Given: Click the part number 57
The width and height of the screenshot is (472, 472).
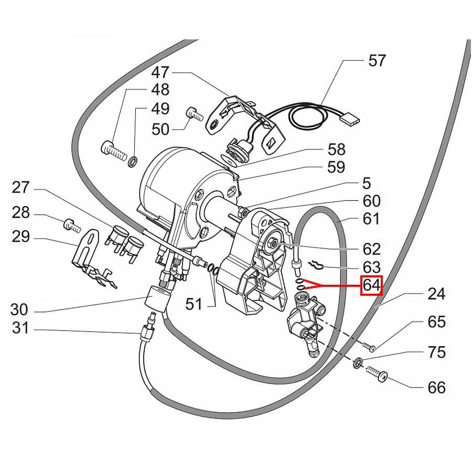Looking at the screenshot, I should [x=377, y=60].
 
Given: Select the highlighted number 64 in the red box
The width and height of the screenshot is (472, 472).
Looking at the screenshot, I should [x=371, y=286].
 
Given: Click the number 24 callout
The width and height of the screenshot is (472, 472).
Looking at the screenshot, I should [x=436, y=294].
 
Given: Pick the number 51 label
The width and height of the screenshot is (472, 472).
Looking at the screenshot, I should [x=194, y=304].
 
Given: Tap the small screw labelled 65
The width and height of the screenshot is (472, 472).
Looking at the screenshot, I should [x=370, y=346].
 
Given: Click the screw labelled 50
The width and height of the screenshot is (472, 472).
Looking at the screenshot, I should [x=194, y=113].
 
